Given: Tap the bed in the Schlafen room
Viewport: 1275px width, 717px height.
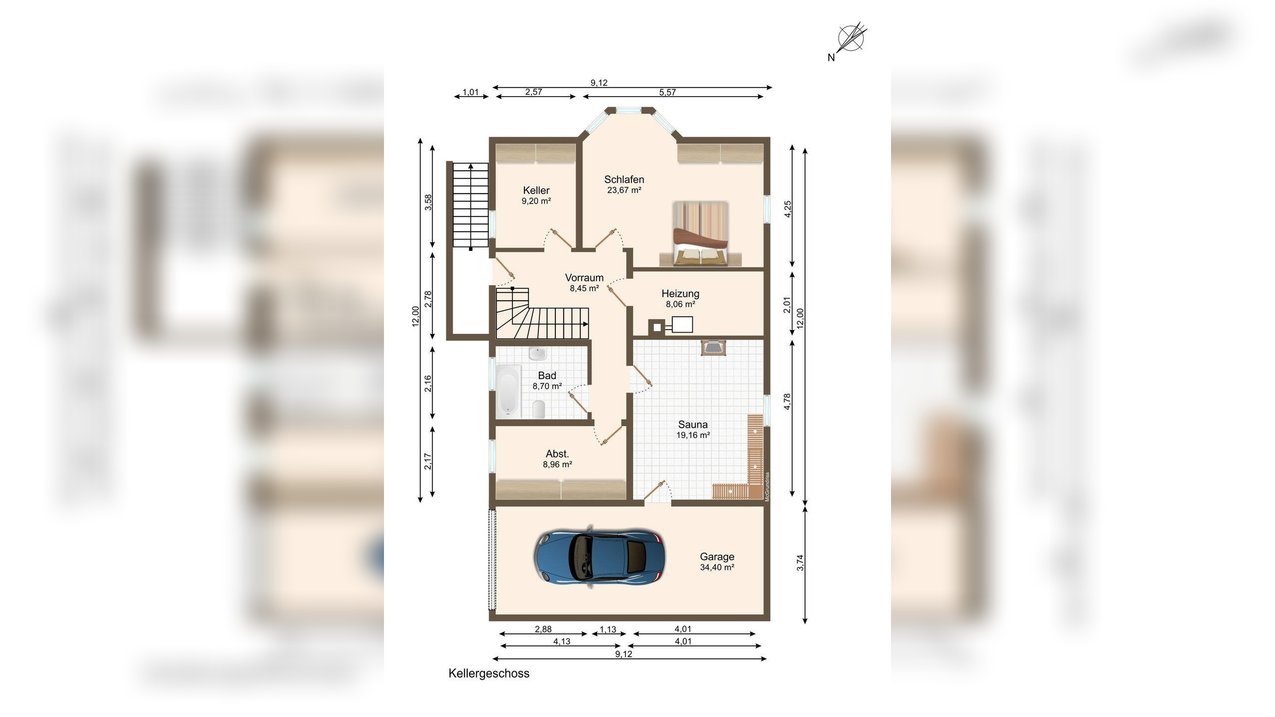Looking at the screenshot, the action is coord(700,233).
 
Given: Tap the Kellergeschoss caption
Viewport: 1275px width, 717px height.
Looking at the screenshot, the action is coord(489,673).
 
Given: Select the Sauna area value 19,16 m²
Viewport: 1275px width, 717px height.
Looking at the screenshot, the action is coord(693,435).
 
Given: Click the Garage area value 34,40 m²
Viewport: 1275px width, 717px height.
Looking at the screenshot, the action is coord(717,567).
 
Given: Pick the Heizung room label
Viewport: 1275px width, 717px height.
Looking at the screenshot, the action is coord(680,294).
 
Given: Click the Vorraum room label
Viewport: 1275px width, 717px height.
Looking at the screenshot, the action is coord(584,278).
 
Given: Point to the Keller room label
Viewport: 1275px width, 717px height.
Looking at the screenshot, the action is coord(536,190).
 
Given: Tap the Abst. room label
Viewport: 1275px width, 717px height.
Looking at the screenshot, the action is coord(557,454).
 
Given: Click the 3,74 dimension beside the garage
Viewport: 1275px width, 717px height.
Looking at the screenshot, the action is coord(800,563).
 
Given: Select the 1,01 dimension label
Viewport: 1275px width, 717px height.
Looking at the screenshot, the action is coord(471,92).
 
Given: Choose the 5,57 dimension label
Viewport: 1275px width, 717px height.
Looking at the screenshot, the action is coord(667,92).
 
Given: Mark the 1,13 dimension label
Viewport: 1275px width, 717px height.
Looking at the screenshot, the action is coord(608,629).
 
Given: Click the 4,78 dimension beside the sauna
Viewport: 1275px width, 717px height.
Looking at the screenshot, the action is coord(787,402).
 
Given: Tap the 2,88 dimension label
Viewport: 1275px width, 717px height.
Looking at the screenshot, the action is coord(543,629).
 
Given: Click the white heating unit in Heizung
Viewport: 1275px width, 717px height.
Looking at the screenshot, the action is coord(682,325).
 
